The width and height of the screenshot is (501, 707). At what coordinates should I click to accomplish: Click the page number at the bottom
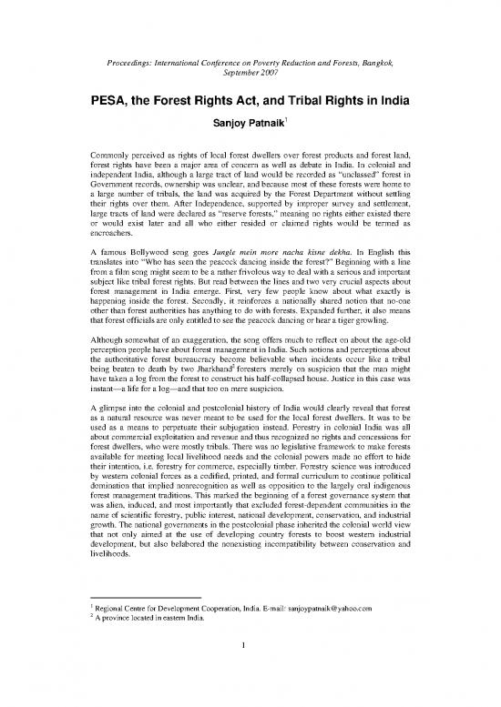click(250, 671)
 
